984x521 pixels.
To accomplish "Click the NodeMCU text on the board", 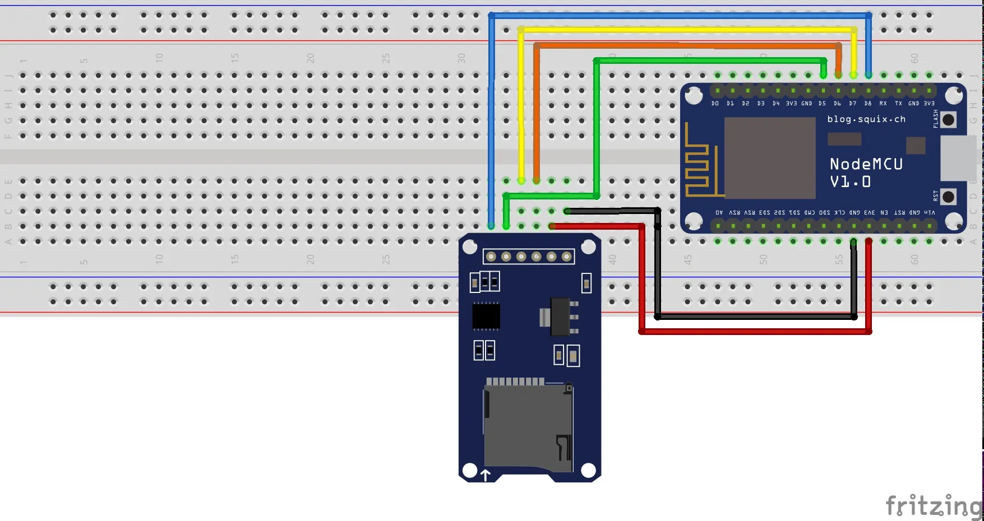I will coord(866,164).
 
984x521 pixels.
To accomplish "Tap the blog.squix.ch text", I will coord(866,119).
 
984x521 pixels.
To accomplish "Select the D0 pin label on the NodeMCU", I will coord(715,104).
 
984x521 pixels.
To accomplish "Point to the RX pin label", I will coord(883,104).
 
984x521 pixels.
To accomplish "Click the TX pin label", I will coord(898,104).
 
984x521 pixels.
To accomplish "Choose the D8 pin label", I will coord(868,104).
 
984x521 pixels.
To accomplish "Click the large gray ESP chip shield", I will coord(769,158).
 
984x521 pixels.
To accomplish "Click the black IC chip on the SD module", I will coord(486,316).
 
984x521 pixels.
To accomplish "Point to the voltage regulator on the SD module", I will coord(560,317).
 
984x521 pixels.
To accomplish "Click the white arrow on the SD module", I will coord(486,475).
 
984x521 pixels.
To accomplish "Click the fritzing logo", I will coord(933,506).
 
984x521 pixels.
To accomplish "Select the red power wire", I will coord(754,332).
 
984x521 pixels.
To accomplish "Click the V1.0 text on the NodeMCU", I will coord(850,182).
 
